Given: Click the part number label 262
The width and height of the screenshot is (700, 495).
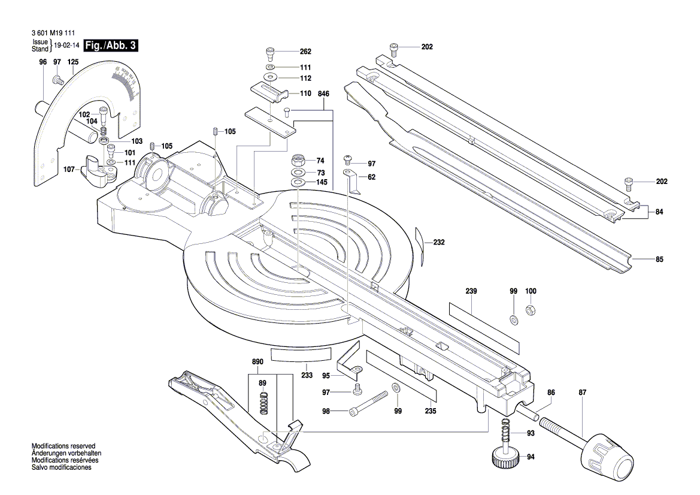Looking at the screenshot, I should pyautogui.click(x=305, y=52).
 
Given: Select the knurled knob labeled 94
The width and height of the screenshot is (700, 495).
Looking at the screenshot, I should pyautogui.click(x=505, y=458).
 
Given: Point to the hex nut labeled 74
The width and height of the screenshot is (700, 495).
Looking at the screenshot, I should pyautogui.click(x=298, y=161).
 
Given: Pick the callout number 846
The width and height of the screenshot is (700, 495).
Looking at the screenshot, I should pyautogui.click(x=324, y=94).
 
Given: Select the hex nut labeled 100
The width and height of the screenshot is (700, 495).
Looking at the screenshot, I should pyautogui.click(x=531, y=310).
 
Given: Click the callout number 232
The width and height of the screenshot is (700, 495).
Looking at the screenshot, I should pyautogui.click(x=439, y=243).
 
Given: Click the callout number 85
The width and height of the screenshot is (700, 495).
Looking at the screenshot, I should pyautogui.click(x=659, y=259).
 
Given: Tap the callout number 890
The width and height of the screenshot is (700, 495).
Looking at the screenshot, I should pyautogui.click(x=257, y=363).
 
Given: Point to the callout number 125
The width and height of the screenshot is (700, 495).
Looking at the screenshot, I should pyautogui.click(x=73, y=62).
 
